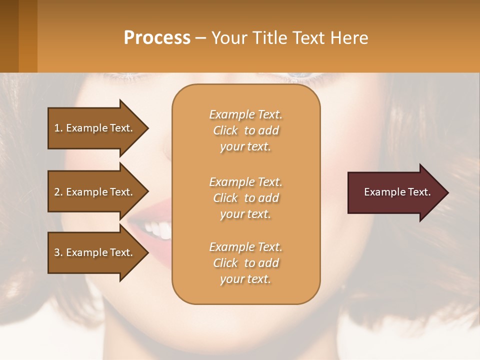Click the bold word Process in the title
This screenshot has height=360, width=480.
pos(157,38)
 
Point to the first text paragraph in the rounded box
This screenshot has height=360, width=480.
pos(245,130)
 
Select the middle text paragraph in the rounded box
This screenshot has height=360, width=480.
pos(245,198)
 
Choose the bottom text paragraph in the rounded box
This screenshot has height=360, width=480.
pos(245,263)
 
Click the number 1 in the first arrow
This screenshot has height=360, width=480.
pos(57,128)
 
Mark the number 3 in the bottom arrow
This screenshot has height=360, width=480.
pos(57,252)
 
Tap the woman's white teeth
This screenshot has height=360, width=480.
pos(159,229)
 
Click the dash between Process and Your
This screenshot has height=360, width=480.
pos(201,38)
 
